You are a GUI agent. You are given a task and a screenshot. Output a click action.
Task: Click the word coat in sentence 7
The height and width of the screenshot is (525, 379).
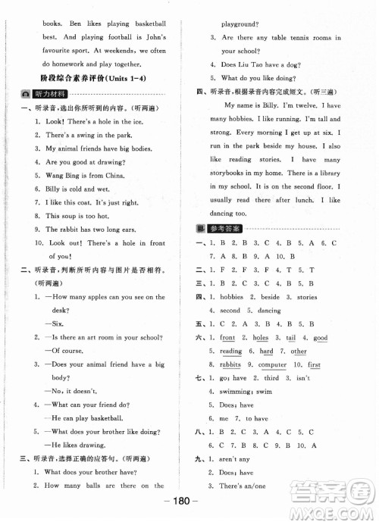click(89, 202)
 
